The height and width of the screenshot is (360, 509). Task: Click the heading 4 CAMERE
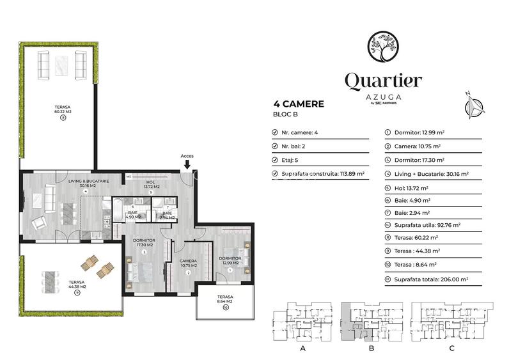click(299, 104)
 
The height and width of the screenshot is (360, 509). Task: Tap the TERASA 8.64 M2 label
click(225, 299)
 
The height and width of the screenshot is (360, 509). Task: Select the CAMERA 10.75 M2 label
click(188, 263)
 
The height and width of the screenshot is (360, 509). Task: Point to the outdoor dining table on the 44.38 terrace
click(49, 281)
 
